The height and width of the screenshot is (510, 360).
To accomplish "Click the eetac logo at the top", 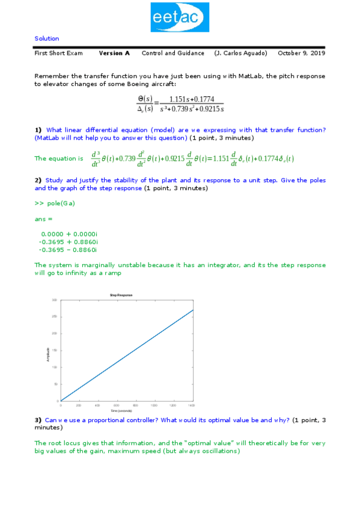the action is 180,17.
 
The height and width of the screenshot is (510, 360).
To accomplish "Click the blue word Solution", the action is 47,38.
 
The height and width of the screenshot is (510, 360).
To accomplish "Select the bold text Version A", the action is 114,53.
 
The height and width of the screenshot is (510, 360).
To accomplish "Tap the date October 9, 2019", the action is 301,53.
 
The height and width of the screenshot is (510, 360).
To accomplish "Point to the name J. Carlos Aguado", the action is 240,53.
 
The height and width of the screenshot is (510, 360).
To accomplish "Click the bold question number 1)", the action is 38,130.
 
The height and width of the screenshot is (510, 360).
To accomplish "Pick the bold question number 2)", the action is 38,180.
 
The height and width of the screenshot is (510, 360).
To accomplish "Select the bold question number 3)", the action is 38,419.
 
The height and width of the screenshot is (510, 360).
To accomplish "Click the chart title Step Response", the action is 121,295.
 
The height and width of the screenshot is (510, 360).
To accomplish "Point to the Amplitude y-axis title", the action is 48,355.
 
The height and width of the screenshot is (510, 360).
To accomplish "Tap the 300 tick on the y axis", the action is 55,300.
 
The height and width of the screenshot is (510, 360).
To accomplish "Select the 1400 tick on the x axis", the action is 192,406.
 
